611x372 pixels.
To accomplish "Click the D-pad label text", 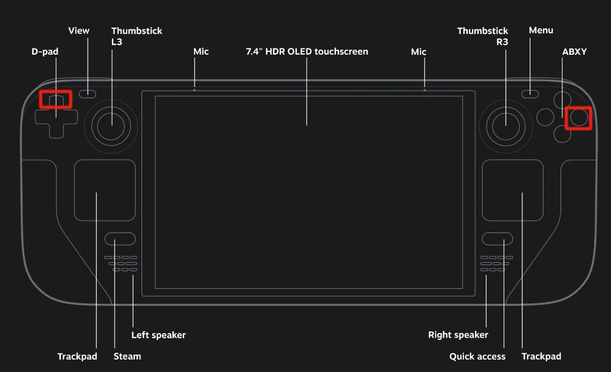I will point(45,52).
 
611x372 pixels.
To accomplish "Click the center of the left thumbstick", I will point(111,125).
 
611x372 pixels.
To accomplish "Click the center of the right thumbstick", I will point(505,125).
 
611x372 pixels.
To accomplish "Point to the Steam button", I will point(120,239).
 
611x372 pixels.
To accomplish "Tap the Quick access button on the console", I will point(497,239).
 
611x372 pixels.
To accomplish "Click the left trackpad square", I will point(105,190).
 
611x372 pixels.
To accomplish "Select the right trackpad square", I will point(513,190).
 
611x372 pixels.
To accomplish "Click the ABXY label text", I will point(574,52).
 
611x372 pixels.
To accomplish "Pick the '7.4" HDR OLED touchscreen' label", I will point(307,52).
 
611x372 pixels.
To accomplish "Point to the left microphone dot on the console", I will point(194,90).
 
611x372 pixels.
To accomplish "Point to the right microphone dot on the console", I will point(424,90).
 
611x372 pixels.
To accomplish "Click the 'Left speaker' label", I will point(158,335).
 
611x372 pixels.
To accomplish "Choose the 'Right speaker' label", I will point(458,335).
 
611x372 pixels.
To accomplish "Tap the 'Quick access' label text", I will point(477,356).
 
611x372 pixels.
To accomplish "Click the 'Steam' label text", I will point(127,356).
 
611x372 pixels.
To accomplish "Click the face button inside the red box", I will point(578,117).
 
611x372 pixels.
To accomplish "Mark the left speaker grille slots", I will point(121,264).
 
